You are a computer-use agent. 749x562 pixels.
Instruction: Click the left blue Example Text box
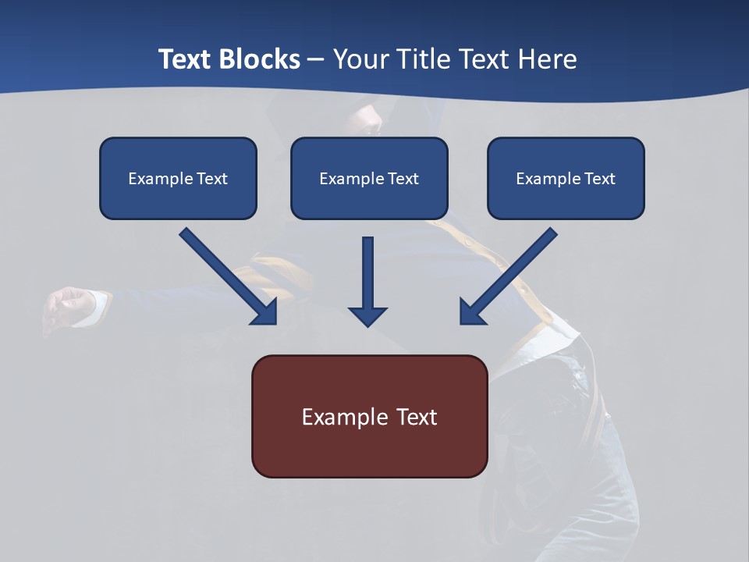(178, 178)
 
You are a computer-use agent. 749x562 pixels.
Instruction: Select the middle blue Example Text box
(369, 178)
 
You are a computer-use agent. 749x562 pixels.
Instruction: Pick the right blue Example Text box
(566, 178)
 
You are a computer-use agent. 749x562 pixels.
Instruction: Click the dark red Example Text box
(369, 416)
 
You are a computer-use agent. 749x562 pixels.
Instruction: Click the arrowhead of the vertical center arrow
(367, 316)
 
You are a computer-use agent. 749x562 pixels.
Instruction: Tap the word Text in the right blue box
(599, 179)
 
